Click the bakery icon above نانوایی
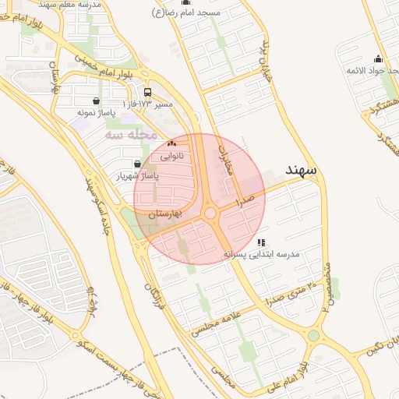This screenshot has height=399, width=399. (x=172, y=143)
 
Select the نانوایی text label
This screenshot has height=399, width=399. (x=172, y=156)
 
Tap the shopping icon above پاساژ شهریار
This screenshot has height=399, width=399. (x=138, y=164)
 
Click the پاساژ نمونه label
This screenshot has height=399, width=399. (x=96, y=112)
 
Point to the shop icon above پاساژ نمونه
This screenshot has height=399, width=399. (x=96, y=101)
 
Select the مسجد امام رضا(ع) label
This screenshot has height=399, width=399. (x=187, y=12)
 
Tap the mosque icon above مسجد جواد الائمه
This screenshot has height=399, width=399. (x=378, y=58)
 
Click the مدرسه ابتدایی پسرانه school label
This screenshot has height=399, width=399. (x=262, y=254)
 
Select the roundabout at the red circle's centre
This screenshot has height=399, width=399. (x=210, y=213)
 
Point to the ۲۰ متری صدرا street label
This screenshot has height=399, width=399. (x=291, y=292)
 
